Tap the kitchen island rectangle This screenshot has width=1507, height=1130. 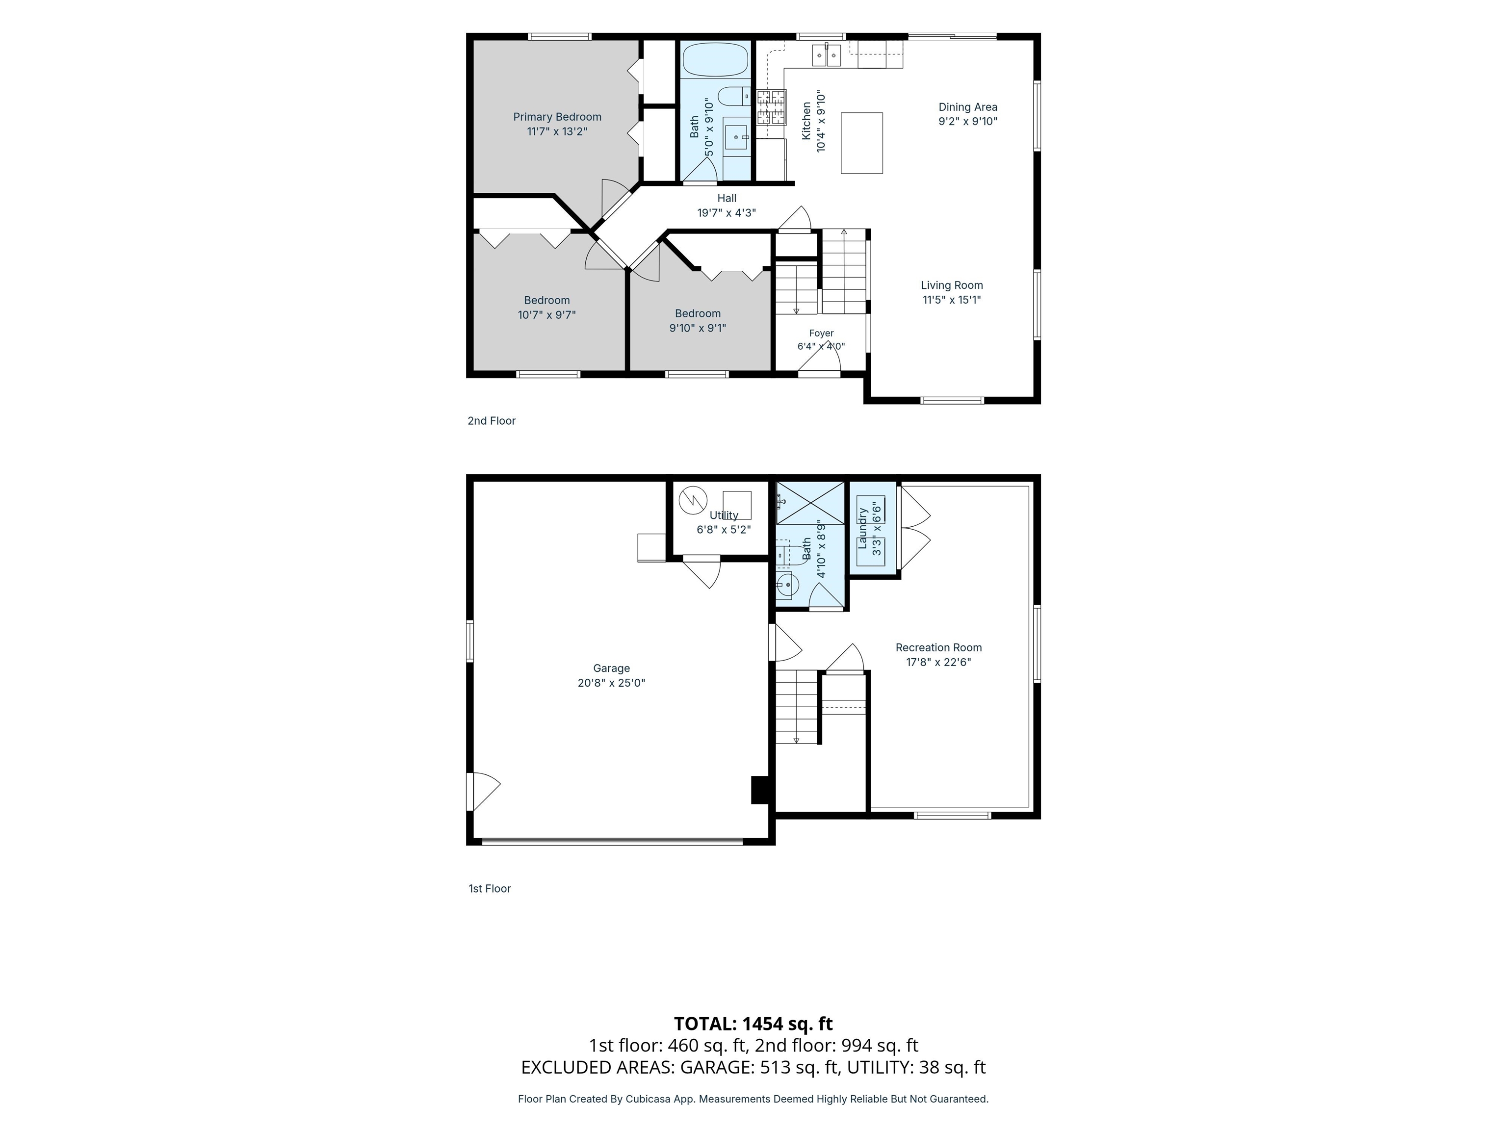(862, 143)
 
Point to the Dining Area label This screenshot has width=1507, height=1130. (967, 107)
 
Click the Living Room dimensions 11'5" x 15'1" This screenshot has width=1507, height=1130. (952, 300)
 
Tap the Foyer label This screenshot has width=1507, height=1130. (821, 333)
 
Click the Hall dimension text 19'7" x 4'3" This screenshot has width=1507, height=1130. (726, 212)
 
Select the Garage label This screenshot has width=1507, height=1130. (611, 668)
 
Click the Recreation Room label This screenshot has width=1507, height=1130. (938, 648)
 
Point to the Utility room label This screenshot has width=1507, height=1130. (724, 515)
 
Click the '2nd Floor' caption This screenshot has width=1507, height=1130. (491, 421)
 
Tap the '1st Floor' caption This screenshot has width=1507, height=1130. (489, 888)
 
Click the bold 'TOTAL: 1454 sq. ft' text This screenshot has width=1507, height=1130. (753, 1024)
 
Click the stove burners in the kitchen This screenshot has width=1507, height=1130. (771, 107)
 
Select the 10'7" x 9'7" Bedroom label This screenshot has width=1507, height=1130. (546, 307)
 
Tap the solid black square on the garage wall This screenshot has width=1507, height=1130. (759, 790)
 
